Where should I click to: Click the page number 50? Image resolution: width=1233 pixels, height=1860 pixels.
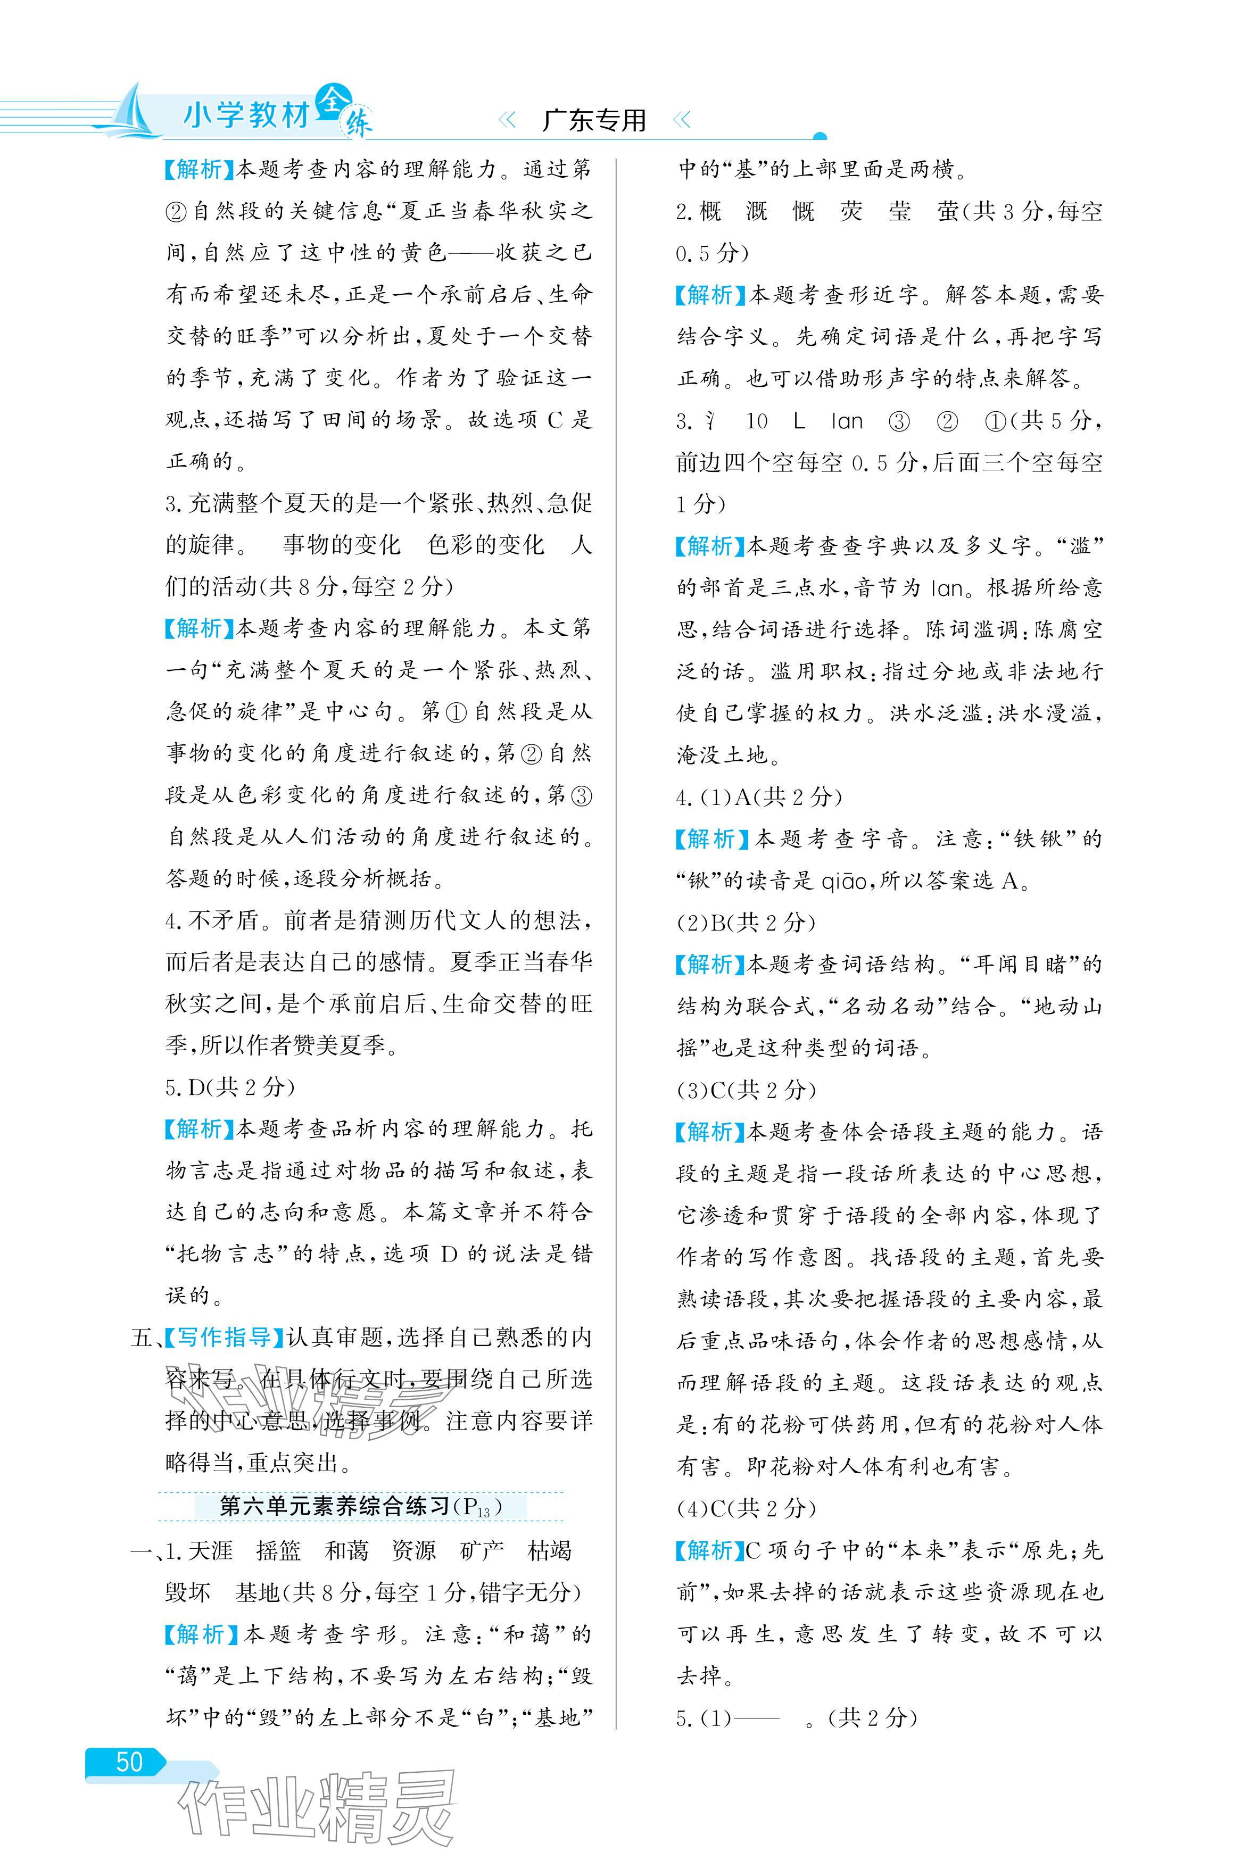[x=129, y=1762]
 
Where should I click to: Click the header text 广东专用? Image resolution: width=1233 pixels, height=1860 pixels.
[x=594, y=120]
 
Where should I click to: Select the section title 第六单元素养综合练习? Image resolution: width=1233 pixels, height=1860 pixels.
[x=334, y=1506]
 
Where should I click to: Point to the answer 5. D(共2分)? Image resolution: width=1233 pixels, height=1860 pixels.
[x=229, y=1087]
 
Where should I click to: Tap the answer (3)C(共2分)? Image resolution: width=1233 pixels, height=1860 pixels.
[x=746, y=1090]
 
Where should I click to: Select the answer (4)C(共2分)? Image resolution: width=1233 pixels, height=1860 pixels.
[x=746, y=1508]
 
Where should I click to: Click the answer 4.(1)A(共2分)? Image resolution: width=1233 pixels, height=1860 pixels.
[x=759, y=797]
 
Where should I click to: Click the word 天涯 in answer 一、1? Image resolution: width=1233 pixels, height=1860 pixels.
[x=210, y=1550]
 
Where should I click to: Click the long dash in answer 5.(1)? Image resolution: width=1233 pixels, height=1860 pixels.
[x=758, y=1718]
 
